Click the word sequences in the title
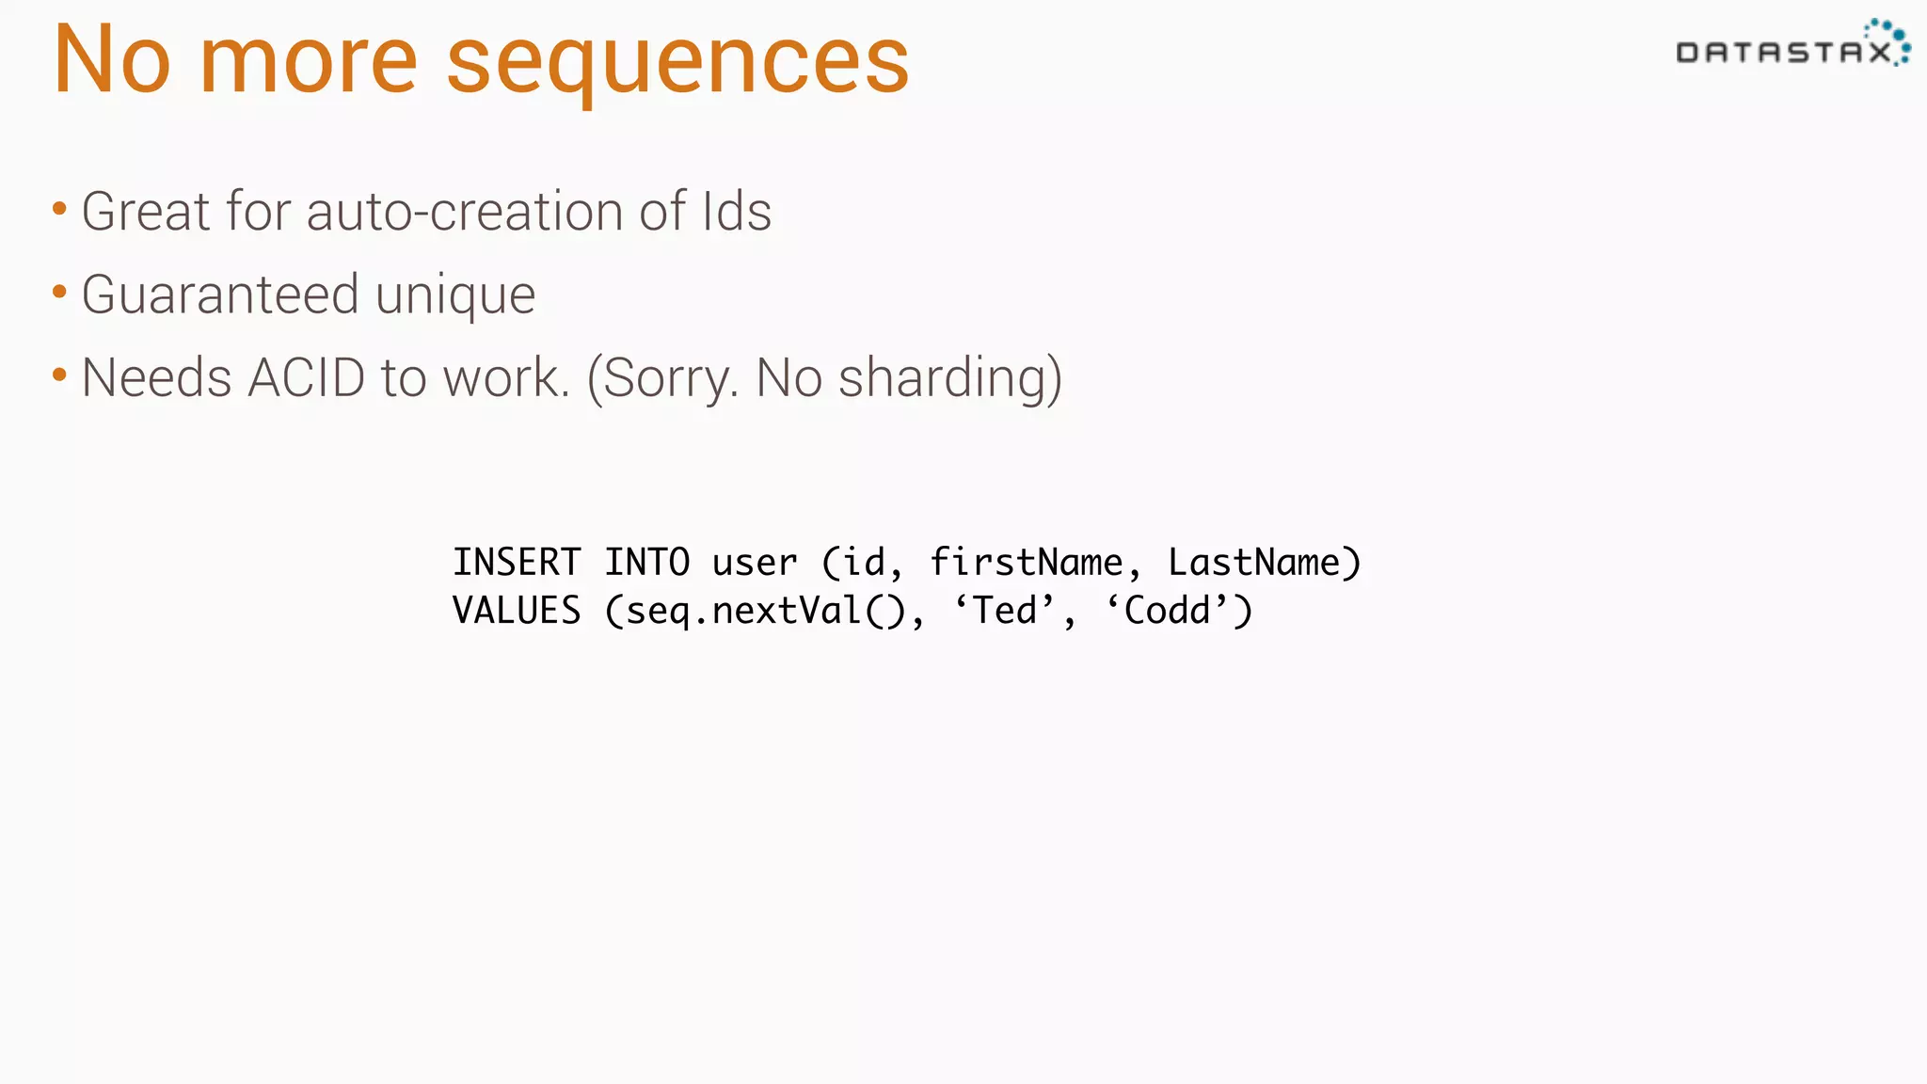(677, 62)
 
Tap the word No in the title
(112, 60)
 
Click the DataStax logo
(1792, 46)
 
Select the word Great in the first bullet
(145, 211)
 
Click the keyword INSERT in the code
(517, 563)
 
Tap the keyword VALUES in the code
(517, 611)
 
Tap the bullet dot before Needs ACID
(59, 375)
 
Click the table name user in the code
(754, 563)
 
